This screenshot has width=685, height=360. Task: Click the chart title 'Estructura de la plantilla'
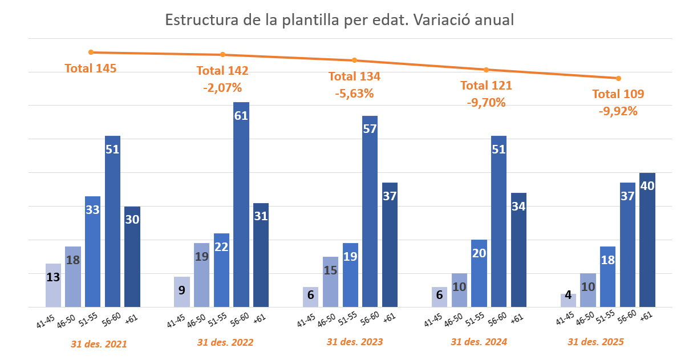pos(339,20)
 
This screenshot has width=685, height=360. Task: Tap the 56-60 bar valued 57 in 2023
pos(370,211)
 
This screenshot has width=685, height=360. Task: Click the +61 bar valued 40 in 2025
pos(647,240)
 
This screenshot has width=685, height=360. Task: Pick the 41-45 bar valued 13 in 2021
pos(53,285)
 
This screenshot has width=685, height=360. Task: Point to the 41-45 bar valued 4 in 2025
pos(568,300)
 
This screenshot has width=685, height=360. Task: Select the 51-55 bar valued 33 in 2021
pos(92,252)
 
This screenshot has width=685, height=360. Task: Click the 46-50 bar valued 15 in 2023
pos(331,282)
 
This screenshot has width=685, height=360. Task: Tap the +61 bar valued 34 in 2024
pos(518,250)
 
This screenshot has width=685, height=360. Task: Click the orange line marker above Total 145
pos(91,52)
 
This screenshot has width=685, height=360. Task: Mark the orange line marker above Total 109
pos(618,78)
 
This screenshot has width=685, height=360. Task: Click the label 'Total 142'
pos(222,71)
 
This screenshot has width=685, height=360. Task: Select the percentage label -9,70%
pos(486,103)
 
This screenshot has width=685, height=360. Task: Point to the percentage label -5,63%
pos(354,93)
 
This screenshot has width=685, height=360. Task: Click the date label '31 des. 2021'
pos(99,344)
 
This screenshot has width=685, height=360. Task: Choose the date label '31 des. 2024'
pos(479,342)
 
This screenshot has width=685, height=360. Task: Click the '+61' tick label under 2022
pos(260,318)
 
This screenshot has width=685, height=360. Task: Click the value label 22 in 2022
pos(221,247)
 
